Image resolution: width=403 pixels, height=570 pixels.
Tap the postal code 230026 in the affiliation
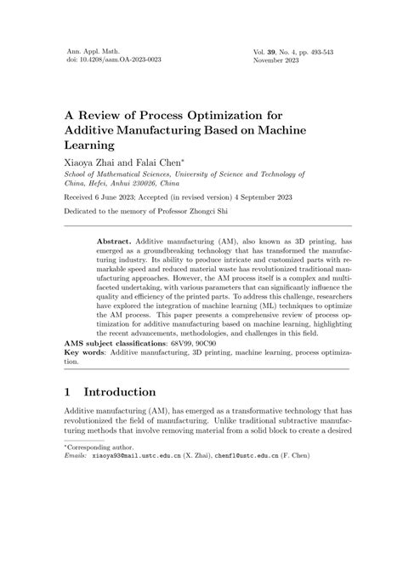tap(158, 185)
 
